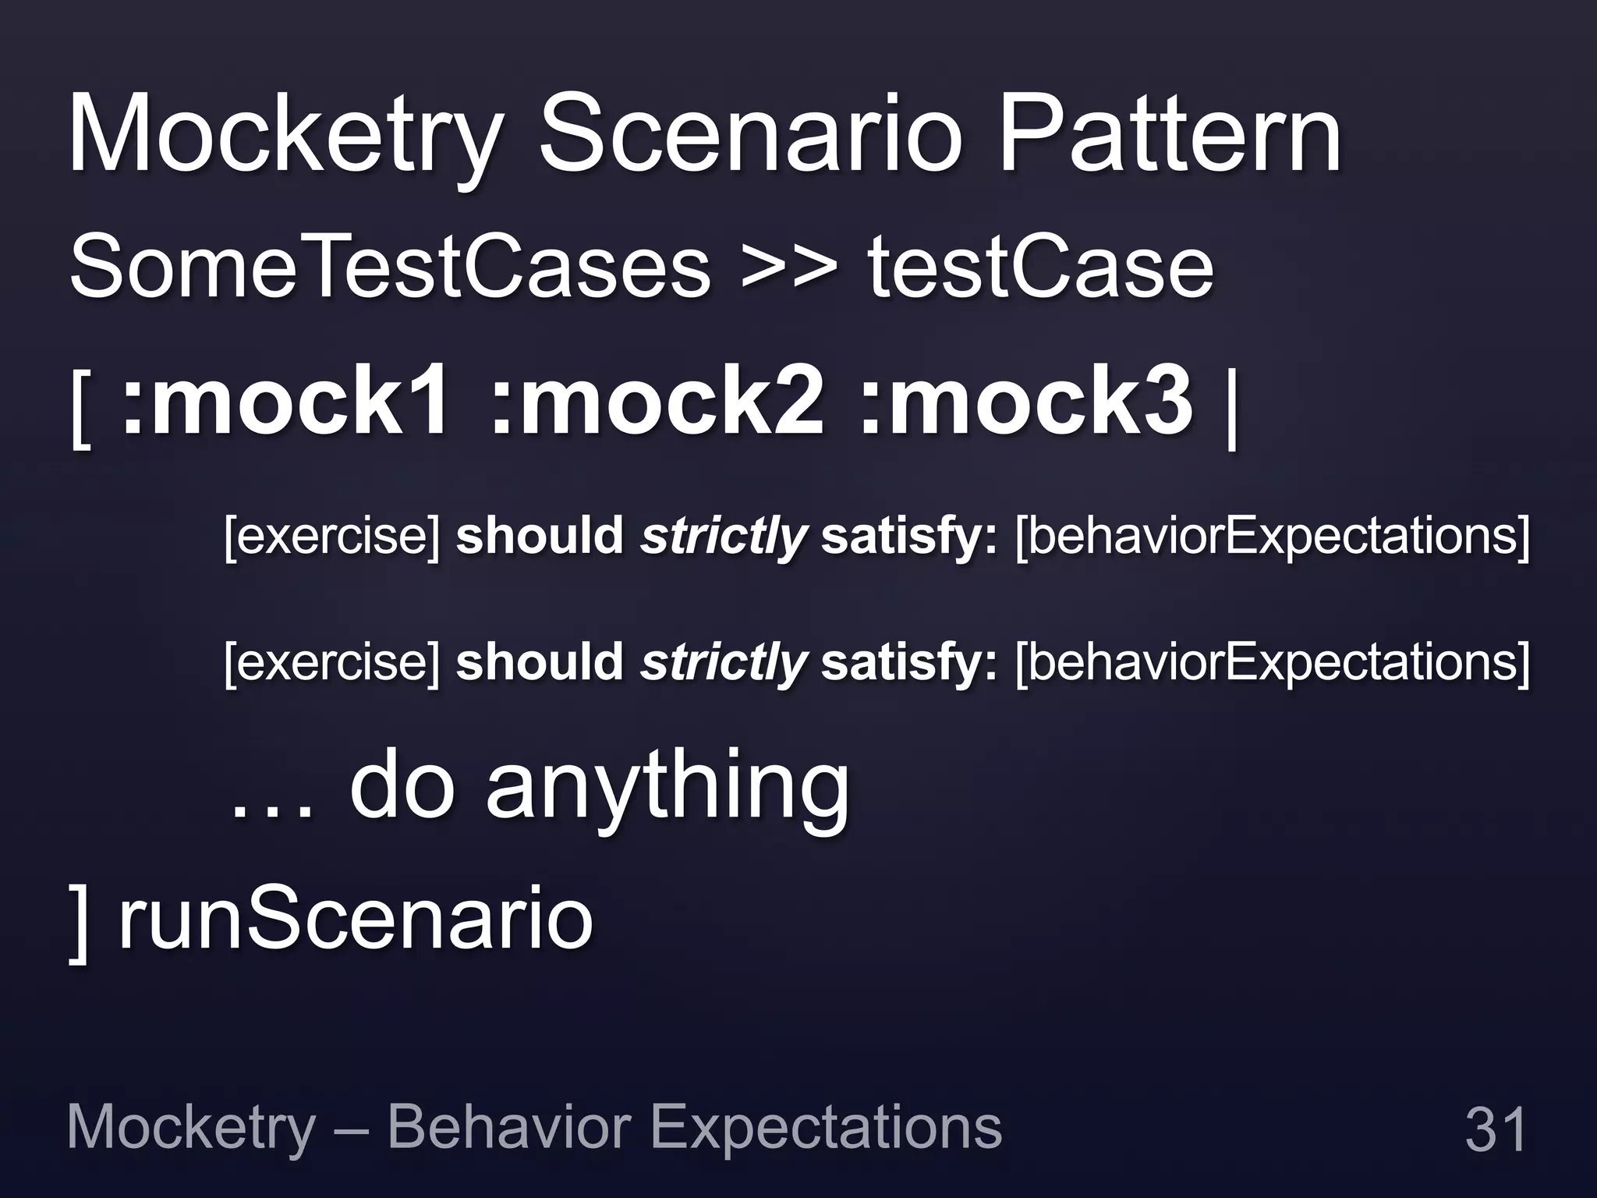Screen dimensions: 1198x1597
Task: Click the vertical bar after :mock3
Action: [1233, 409]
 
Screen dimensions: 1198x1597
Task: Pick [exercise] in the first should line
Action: [332, 537]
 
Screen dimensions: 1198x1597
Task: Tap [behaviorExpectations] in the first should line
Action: [1272, 537]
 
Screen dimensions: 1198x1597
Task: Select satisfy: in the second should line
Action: [908, 663]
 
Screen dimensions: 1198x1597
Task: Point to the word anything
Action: [667, 788]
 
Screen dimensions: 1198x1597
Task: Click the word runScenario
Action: [356, 920]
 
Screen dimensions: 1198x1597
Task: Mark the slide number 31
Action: [1495, 1129]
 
